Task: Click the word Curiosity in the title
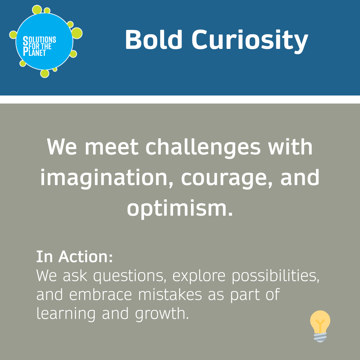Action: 250,42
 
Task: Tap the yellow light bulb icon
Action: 320,326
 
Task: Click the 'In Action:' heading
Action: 74,257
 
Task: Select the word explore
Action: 199,276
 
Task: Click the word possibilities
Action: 275,276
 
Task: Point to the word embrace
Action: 101,294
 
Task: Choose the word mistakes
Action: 170,294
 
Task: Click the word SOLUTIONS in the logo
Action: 39,40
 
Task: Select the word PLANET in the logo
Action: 34,52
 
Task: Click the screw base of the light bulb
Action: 320,337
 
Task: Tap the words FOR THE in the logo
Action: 40,46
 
